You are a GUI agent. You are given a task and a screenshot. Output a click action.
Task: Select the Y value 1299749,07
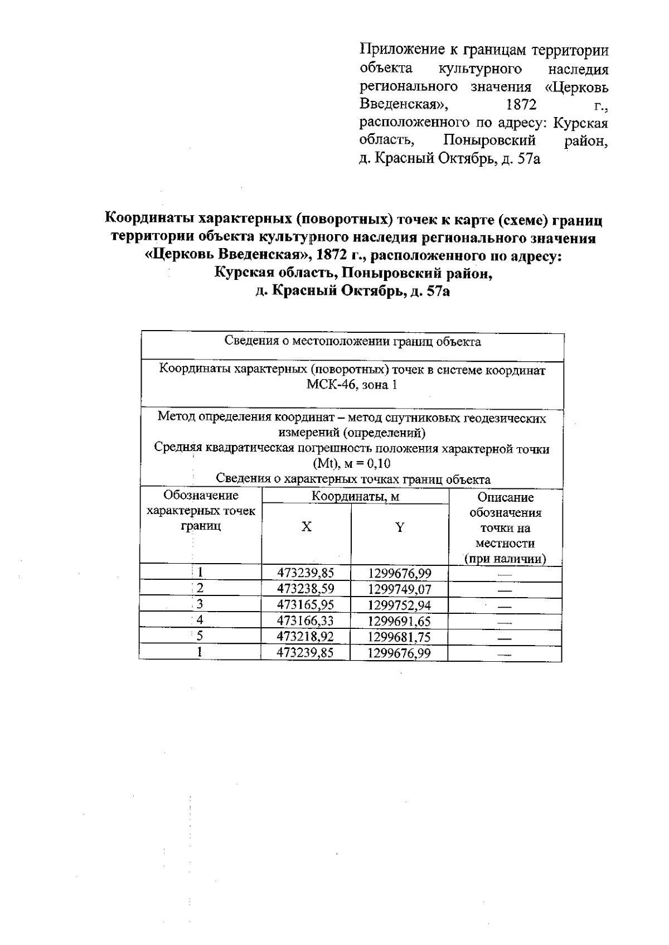399,589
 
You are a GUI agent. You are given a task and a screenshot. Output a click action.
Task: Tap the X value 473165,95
305,605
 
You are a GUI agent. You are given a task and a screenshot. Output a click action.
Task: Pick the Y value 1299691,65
399,621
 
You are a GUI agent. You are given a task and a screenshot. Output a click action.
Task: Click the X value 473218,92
305,637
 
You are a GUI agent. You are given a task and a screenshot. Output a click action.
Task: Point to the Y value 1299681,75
399,637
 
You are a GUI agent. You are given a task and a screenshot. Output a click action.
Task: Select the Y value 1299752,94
399,605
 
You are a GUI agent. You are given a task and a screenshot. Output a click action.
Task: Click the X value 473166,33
305,621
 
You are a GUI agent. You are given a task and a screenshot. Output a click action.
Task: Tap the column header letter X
307,527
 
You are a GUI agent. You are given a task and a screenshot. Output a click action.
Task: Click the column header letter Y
400,527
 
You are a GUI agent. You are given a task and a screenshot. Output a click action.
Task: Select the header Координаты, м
355,496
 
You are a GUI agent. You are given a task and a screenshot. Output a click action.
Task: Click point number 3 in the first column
200,604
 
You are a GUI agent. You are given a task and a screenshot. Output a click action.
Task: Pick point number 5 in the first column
200,636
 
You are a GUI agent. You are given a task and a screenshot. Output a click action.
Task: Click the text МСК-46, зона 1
352,385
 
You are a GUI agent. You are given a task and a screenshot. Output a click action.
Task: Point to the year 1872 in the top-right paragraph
519,104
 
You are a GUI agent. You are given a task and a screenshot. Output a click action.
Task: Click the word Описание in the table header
505,497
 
